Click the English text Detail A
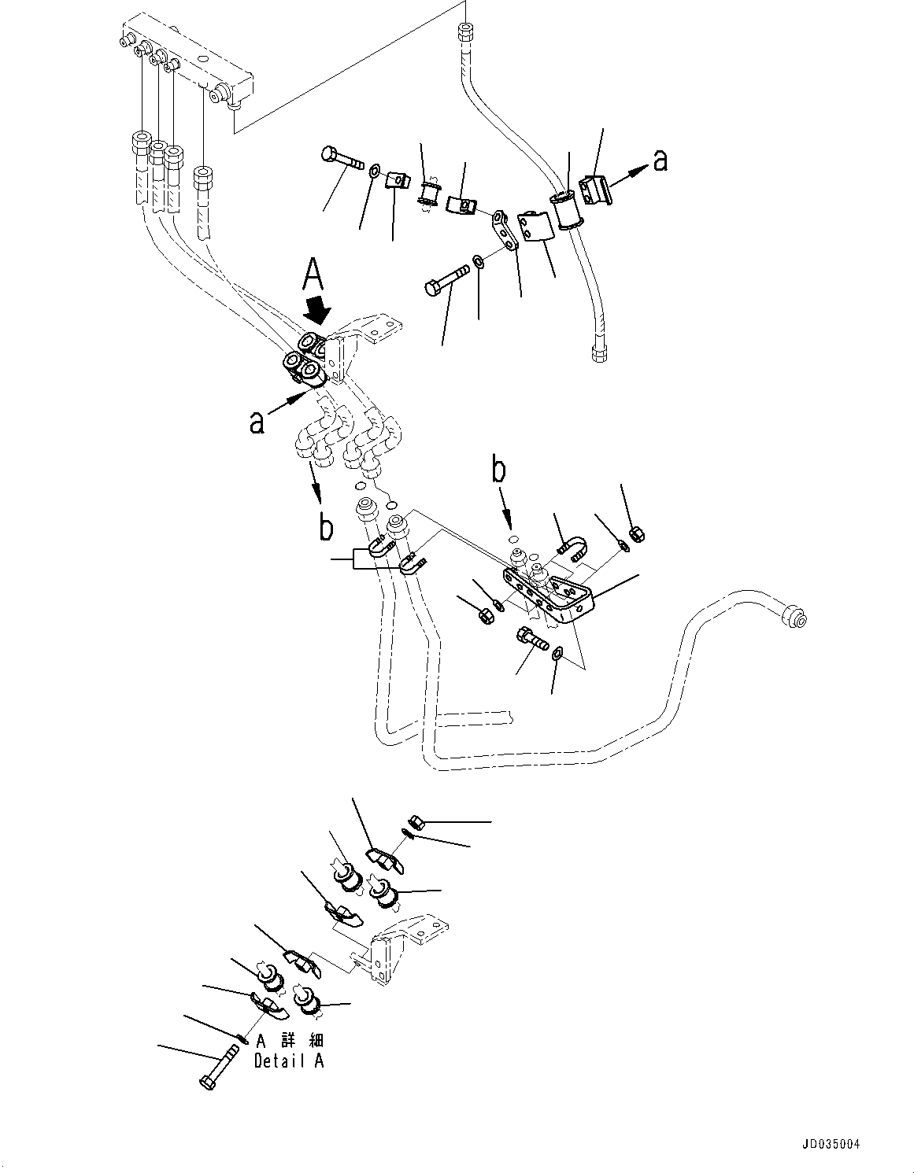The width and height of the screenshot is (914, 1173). coord(288,1061)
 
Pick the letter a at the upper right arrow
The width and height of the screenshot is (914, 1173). coord(661,160)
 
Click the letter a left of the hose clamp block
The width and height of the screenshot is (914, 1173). coord(257,422)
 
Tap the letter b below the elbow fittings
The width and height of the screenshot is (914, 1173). coord(325,529)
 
